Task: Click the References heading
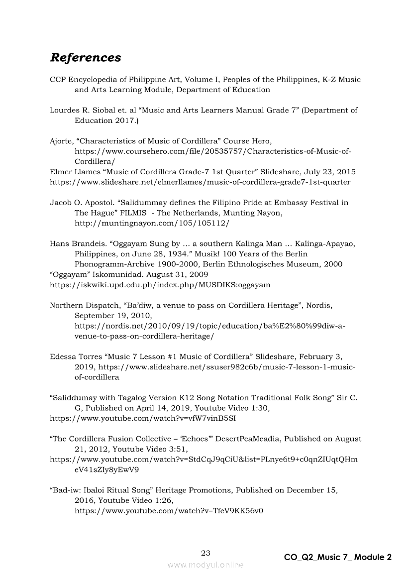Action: [x=85, y=58]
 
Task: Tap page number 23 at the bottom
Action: [x=205, y=553]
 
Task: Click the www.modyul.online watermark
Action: [x=205, y=565]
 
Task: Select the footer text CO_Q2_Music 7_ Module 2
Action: [x=337, y=557]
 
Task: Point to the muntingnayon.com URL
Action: [x=152, y=223]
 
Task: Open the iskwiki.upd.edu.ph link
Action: [x=160, y=285]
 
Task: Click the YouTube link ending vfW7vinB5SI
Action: [x=143, y=418]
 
